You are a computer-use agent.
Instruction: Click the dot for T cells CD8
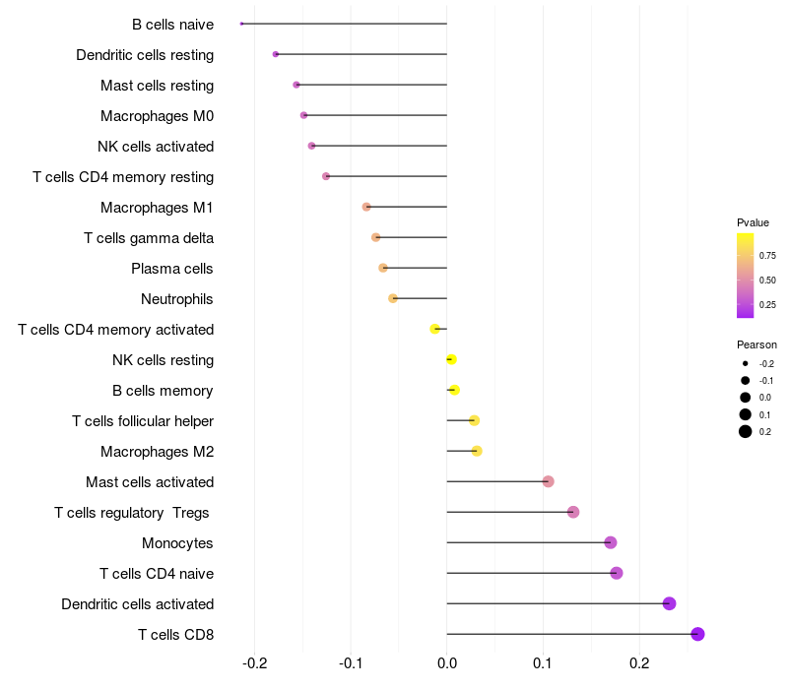click(x=697, y=634)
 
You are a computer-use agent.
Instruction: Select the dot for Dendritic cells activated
click(x=669, y=603)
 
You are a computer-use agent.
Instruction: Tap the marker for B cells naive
click(x=241, y=24)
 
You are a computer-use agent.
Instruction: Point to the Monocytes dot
click(x=611, y=542)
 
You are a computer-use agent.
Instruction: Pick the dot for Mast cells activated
click(x=548, y=481)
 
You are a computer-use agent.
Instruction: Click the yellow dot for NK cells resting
click(x=451, y=359)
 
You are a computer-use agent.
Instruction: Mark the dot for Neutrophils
click(x=393, y=298)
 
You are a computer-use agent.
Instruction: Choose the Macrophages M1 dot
click(x=366, y=207)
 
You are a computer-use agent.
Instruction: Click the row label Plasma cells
click(x=172, y=269)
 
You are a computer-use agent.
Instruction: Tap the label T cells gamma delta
click(x=149, y=238)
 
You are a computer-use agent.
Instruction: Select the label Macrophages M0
click(x=157, y=116)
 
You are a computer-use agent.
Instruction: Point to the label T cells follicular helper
click(x=143, y=421)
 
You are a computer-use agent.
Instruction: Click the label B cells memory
click(x=163, y=391)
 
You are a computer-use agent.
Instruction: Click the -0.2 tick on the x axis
click(x=254, y=661)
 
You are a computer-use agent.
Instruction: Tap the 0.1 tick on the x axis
click(x=543, y=661)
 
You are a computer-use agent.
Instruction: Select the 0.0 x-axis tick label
click(x=447, y=661)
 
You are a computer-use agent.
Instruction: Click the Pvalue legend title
click(x=753, y=222)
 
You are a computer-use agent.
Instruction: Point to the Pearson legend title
click(x=756, y=345)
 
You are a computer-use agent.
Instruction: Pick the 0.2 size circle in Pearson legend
click(x=746, y=431)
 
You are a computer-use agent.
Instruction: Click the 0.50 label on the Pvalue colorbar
click(x=767, y=281)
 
